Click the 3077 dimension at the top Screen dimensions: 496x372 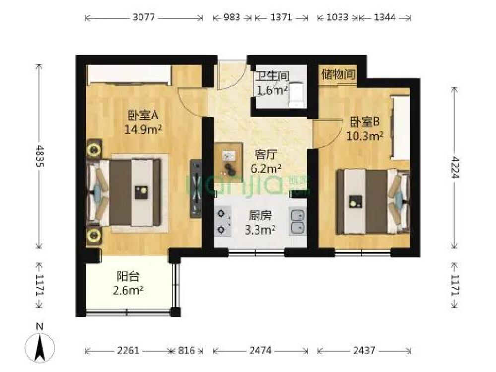coord(144,17)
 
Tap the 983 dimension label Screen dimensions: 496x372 coord(232,17)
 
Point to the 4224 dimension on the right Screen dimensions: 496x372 coord(454,167)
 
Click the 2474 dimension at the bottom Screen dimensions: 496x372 coord(260,350)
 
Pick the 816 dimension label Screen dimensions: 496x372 coord(186,350)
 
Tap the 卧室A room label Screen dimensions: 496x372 coord(143,116)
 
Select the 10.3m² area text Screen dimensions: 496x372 coord(365,136)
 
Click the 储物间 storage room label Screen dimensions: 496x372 coord(338,75)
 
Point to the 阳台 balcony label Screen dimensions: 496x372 coord(128,276)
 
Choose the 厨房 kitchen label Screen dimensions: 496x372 coord(260,216)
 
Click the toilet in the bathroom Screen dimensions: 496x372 coord(297,94)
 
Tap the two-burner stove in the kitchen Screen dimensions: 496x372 coord(223,221)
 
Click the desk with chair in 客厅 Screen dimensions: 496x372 coord(229,159)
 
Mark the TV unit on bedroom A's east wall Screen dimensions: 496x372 coord(196,188)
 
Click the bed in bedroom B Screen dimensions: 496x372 coord(372,201)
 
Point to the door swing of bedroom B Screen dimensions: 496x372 coord(328,133)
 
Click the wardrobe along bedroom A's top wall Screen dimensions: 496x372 coord(129,75)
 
